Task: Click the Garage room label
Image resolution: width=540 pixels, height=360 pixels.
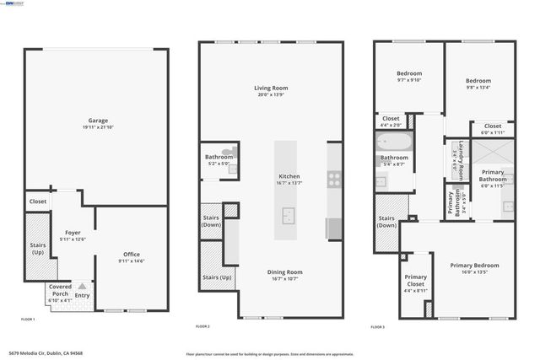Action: (98, 120)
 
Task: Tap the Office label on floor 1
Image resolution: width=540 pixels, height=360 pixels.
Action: (131, 254)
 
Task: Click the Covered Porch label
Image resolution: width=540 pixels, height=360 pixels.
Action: (60, 289)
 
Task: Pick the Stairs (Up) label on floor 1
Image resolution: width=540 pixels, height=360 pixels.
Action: (36, 250)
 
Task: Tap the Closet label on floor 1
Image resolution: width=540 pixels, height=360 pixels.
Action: (38, 201)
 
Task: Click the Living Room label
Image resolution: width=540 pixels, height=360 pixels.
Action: (272, 88)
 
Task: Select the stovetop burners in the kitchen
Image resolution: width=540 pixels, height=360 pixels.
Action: (334, 180)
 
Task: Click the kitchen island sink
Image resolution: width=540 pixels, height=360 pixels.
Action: (289, 218)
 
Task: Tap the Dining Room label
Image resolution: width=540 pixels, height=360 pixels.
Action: (284, 271)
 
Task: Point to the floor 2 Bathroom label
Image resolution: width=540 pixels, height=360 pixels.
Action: (219, 157)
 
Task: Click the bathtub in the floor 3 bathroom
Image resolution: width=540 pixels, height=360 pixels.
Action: (394, 141)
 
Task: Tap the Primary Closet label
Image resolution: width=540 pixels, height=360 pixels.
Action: (415, 281)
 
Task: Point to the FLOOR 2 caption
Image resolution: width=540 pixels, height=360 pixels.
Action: (202, 325)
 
